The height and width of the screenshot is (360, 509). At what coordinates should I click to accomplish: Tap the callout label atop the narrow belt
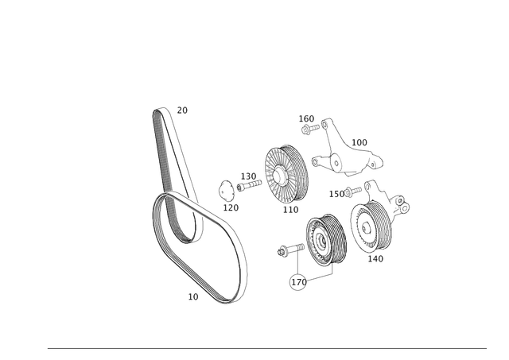[x=183, y=110]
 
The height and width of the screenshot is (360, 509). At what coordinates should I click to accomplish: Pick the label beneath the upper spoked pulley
[x=288, y=209]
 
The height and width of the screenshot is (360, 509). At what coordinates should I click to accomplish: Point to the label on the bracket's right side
[x=359, y=142]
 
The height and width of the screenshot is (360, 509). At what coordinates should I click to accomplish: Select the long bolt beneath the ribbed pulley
[x=306, y=279]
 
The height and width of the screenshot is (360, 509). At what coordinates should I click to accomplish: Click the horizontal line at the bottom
[x=254, y=348]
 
